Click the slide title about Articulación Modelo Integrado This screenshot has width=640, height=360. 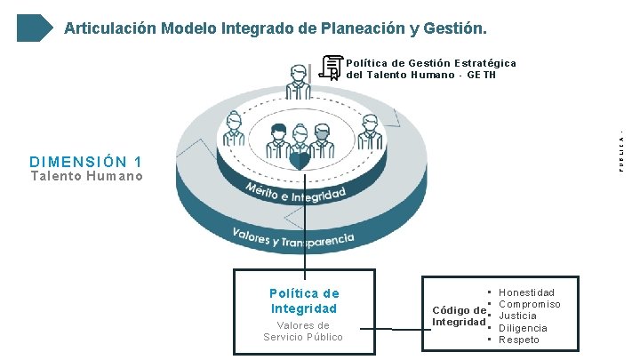(276, 28)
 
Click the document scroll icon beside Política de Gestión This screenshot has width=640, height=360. (332, 67)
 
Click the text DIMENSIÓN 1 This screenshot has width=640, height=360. (85, 162)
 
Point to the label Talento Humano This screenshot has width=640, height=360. (86, 176)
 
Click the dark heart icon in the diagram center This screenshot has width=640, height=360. (300, 160)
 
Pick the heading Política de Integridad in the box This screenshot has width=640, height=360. (304, 300)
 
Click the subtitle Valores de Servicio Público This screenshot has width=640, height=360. (303, 331)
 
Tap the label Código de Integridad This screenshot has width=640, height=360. (459, 316)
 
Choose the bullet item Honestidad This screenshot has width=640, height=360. (526, 292)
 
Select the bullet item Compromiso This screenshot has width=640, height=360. (530, 304)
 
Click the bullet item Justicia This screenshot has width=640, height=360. (518, 316)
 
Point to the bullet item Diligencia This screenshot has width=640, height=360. (523, 328)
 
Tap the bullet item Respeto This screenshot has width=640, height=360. (519, 340)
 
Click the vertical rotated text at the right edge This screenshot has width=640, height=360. (622, 151)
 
